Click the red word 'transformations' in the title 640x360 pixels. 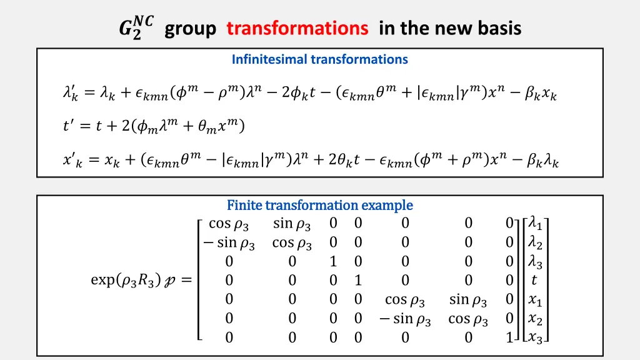297,29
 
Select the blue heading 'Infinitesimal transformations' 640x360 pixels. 319,60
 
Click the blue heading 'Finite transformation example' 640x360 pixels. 319,205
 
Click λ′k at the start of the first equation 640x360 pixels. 71,94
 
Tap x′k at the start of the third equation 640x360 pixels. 72,161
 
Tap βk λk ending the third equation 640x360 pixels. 542,161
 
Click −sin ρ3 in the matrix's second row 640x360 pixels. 229,243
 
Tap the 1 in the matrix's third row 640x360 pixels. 333,262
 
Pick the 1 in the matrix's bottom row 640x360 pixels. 509,338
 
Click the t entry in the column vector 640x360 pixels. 534,281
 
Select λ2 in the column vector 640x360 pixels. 536,243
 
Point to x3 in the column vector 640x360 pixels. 536,338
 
